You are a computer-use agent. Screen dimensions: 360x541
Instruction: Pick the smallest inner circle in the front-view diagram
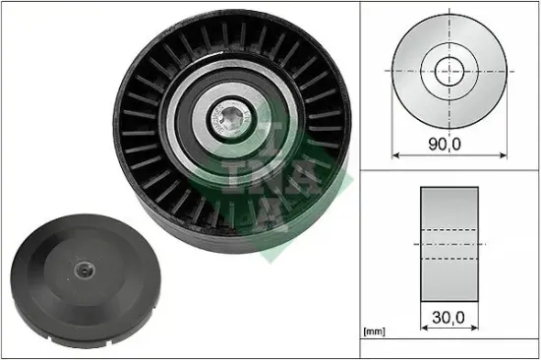pyautogui.click(x=449, y=71)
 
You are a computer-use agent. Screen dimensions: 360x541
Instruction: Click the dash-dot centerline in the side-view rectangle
pyautogui.click(x=450, y=245)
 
